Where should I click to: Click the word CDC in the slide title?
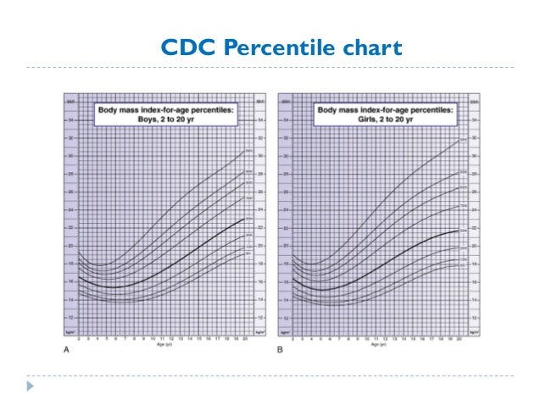188,47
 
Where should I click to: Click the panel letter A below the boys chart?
64,348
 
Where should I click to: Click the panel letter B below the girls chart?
281,348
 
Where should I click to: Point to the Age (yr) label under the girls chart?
377,345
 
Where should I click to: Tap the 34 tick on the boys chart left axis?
70,120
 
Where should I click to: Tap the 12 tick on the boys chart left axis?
70,317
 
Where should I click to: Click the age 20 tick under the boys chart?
246,338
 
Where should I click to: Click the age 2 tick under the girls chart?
293,338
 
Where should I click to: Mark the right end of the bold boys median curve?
246,219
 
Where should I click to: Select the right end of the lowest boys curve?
246,253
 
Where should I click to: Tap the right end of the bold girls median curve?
460,230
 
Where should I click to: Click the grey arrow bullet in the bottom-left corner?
31,386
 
